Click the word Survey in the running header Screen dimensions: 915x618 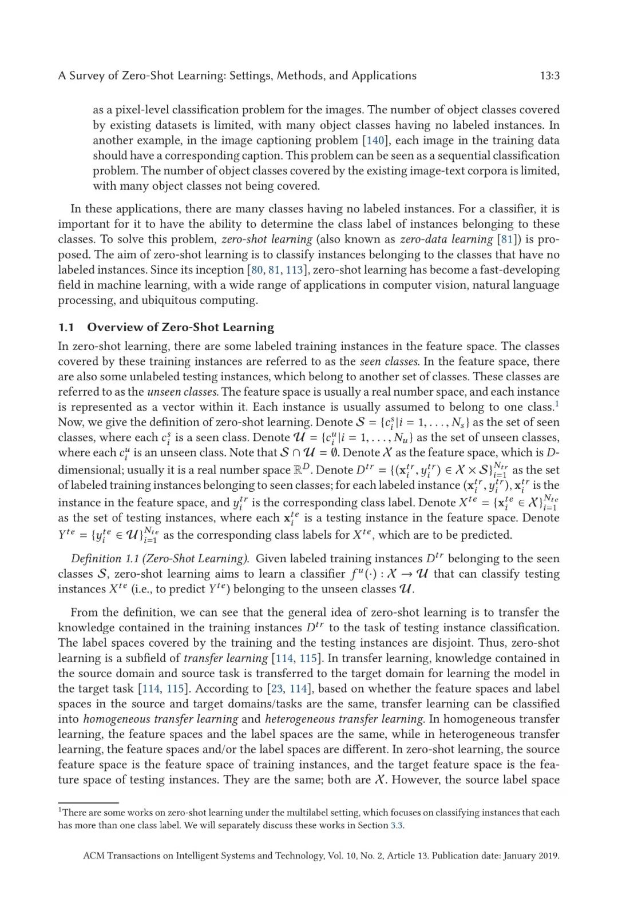[87, 76]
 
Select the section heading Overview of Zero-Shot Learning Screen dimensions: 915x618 [180, 328]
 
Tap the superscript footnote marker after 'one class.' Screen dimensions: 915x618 [557, 404]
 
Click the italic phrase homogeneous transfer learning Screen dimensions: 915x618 [160, 719]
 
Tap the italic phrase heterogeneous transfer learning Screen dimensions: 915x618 [344, 719]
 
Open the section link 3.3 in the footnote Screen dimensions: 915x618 [397, 825]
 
